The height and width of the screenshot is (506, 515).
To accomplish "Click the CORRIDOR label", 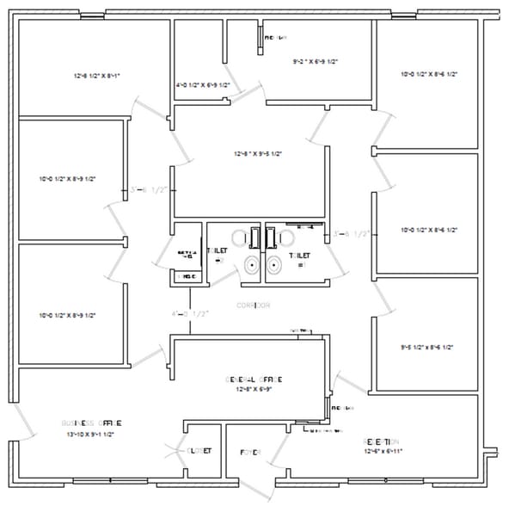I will (x=253, y=305).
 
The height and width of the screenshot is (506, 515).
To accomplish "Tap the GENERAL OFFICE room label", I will (x=253, y=379).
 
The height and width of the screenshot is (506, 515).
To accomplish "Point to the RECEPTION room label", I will (x=381, y=441).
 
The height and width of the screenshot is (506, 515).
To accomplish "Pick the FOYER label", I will (x=250, y=451).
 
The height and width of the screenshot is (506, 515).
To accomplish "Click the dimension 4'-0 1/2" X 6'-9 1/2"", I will (x=203, y=85).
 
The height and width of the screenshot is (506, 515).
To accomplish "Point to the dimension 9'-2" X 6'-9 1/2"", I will (x=316, y=62).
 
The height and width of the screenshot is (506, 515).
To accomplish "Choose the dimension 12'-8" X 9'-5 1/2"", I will (x=258, y=154).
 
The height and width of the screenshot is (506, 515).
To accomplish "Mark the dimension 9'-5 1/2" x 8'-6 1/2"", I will (x=427, y=348).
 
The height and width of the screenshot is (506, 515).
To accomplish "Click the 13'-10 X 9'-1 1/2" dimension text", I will (x=90, y=435).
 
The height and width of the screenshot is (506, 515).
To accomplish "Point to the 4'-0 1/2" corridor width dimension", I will (x=191, y=313).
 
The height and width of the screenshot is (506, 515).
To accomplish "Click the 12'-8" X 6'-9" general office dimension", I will (x=253, y=390).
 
